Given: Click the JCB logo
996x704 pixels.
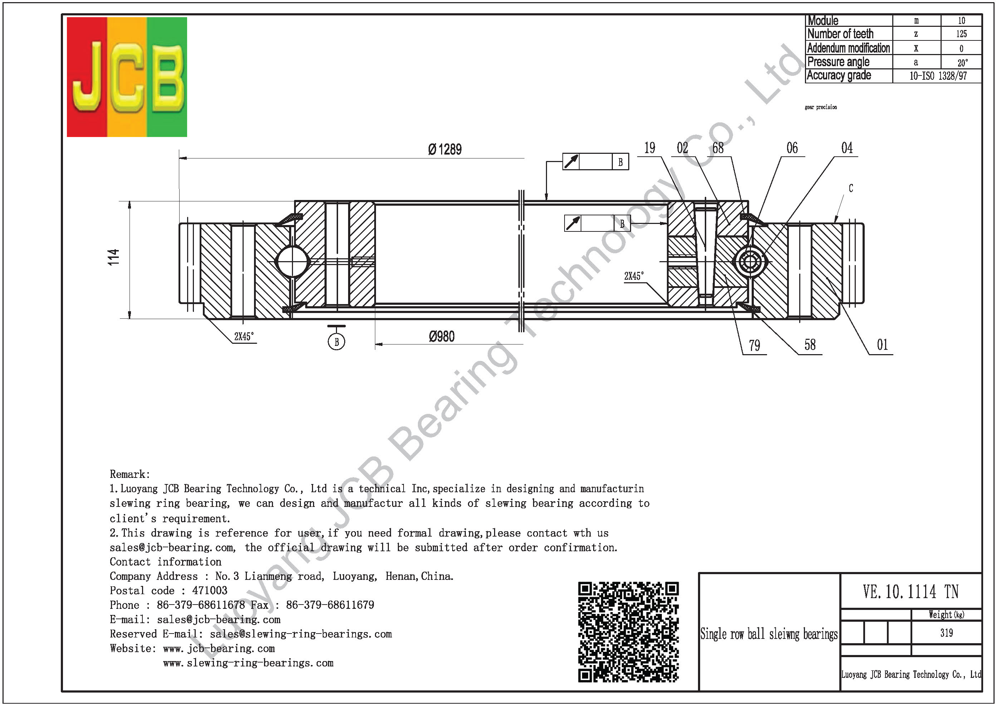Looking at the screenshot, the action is [x=127, y=77].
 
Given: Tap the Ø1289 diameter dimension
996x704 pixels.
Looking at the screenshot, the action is [x=445, y=150].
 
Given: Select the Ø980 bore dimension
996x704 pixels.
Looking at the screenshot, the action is [x=441, y=337].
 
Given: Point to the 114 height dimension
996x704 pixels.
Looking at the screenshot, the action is [x=113, y=257].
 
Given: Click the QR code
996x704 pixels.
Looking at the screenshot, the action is [x=628, y=632].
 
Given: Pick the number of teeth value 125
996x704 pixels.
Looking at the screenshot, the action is [x=961, y=34].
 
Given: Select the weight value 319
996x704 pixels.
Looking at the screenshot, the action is [x=947, y=633].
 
